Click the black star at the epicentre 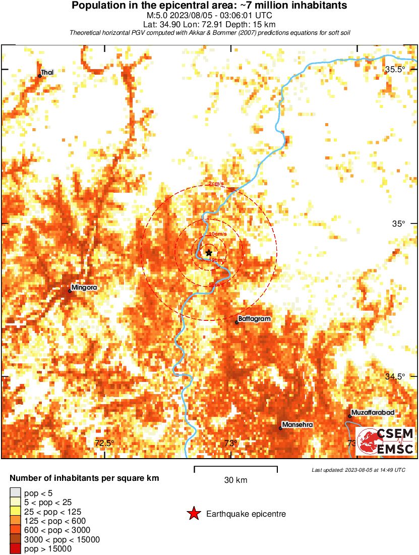click(x=209, y=253)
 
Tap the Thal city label click(x=47, y=73)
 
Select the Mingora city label click(x=84, y=288)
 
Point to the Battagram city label click(x=255, y=319)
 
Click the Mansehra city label click(x=297, y=425)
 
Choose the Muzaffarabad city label click(x=373, y=413)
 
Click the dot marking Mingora click(x=70, y=291)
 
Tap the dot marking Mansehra click(x=280, y=428)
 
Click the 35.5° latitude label click(x=395, y=70)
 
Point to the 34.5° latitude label click(x=395, y=377)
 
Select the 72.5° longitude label click(x=104, y=443)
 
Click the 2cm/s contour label click(x=217, y=184)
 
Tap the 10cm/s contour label click(x=217, y=235)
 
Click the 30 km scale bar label click(x=235, y=480)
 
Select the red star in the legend click(x=193, y=514)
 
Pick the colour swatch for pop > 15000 click(x=15, y=549)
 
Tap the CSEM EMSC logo click(x=386, y=441)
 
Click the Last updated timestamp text click(x=358, y=470)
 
